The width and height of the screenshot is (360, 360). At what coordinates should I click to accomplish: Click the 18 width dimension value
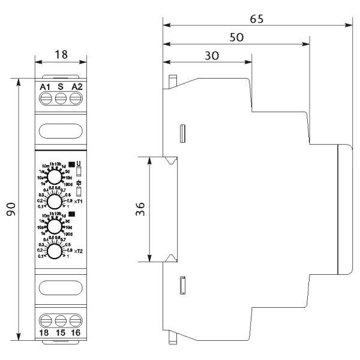(61, 55)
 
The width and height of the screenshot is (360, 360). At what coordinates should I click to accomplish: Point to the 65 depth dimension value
(257, 18)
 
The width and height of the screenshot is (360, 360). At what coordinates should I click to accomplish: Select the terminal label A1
(45, 87)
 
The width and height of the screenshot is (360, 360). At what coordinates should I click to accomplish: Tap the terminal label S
(61, 87)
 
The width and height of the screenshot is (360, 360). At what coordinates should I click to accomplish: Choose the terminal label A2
(76, 87)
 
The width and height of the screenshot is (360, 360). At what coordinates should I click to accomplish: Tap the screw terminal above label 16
(76, 319)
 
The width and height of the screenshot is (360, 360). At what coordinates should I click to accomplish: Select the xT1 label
(78, 202)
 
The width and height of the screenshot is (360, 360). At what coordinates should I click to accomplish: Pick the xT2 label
(78, 251)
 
